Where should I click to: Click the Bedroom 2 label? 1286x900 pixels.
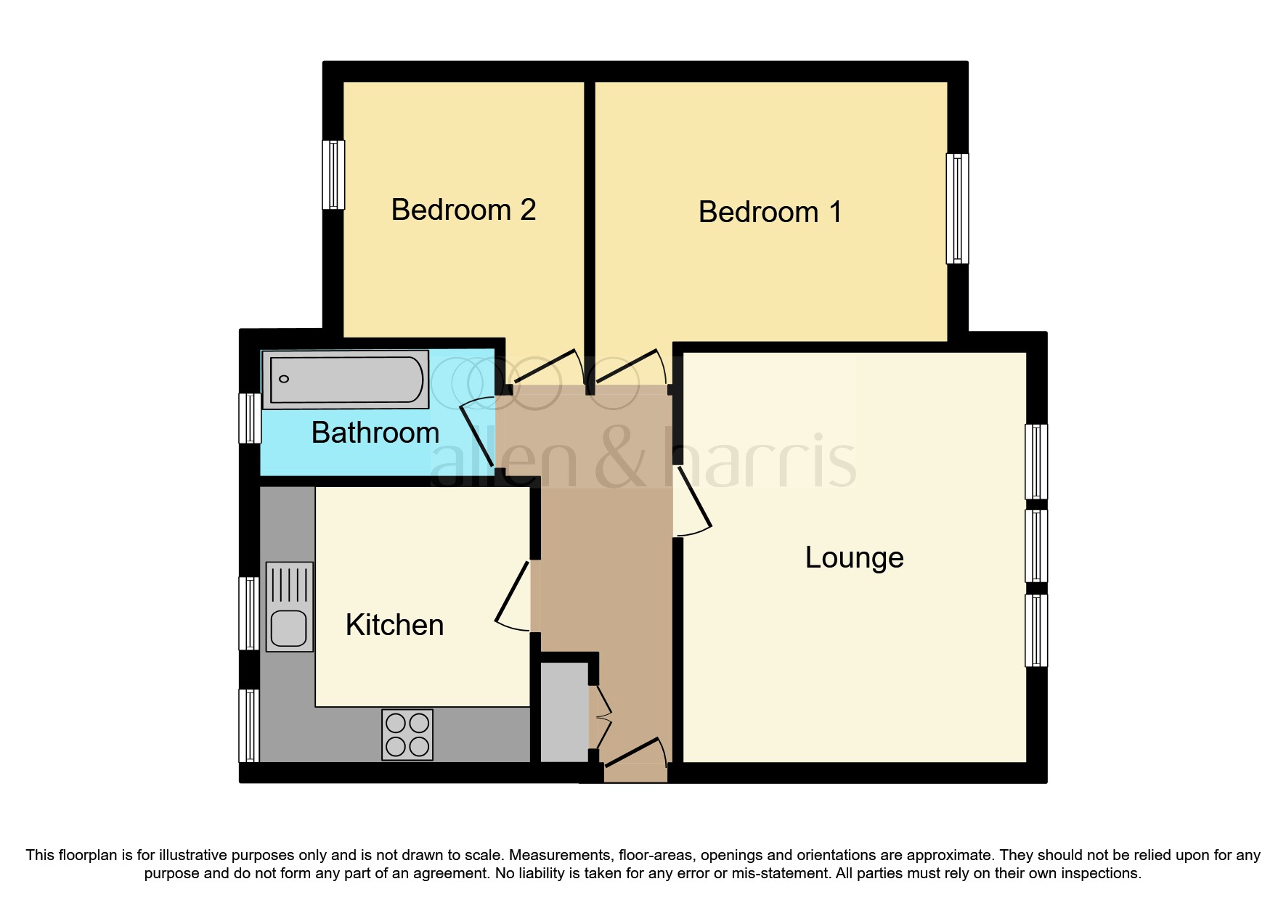(463, 210)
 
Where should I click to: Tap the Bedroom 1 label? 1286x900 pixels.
(770, 213)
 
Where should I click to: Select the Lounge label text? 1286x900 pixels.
(854, 557)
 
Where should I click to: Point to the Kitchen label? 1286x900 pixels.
(394, 625)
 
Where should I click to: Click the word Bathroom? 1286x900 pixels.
(375, 433)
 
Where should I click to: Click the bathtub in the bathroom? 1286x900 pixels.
(346, 379)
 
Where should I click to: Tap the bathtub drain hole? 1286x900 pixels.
(284, 379)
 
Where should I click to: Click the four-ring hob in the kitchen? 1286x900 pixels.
(407, 735)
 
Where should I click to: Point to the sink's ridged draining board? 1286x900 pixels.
(290, 585)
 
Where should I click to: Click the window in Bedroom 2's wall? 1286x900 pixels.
(333, 174)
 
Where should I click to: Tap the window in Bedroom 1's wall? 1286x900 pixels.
(957, 208)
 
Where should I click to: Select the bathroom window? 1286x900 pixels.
(250, 418)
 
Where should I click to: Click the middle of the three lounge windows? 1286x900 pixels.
(1036, 546)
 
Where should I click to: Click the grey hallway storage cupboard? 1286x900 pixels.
(564, 712)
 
